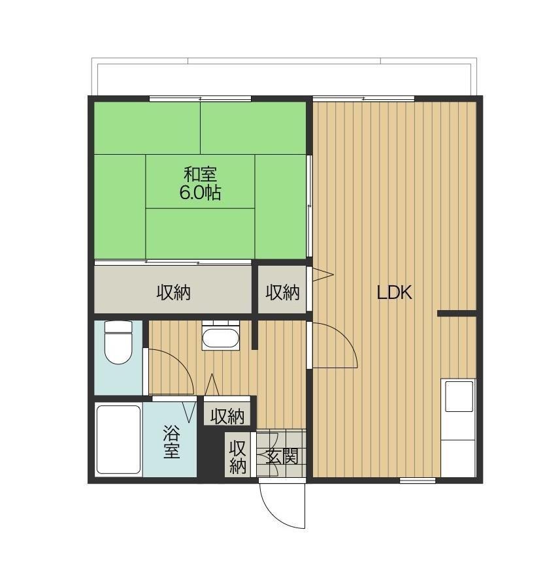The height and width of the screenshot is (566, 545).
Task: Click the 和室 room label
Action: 200,174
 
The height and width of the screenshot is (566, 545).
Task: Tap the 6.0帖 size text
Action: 200,193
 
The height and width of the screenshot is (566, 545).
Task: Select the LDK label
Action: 394,292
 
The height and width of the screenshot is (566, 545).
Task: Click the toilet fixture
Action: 118,342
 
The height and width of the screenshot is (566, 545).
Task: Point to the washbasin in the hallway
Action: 220,336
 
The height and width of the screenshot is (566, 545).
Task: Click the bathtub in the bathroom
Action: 118,439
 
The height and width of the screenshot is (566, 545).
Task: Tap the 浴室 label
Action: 171,442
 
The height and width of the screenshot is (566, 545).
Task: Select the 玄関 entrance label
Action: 282,456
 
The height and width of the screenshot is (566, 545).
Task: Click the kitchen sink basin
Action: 459,396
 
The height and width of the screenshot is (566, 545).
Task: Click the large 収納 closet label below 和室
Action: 173,292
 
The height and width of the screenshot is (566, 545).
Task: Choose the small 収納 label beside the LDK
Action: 282,292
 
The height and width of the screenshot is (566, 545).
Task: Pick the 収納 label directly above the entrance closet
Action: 227,417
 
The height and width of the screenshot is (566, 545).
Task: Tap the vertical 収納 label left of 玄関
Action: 237,457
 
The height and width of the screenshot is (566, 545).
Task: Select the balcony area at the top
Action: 284,76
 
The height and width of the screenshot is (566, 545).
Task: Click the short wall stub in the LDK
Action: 457,313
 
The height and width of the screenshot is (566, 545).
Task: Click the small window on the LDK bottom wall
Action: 418,480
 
